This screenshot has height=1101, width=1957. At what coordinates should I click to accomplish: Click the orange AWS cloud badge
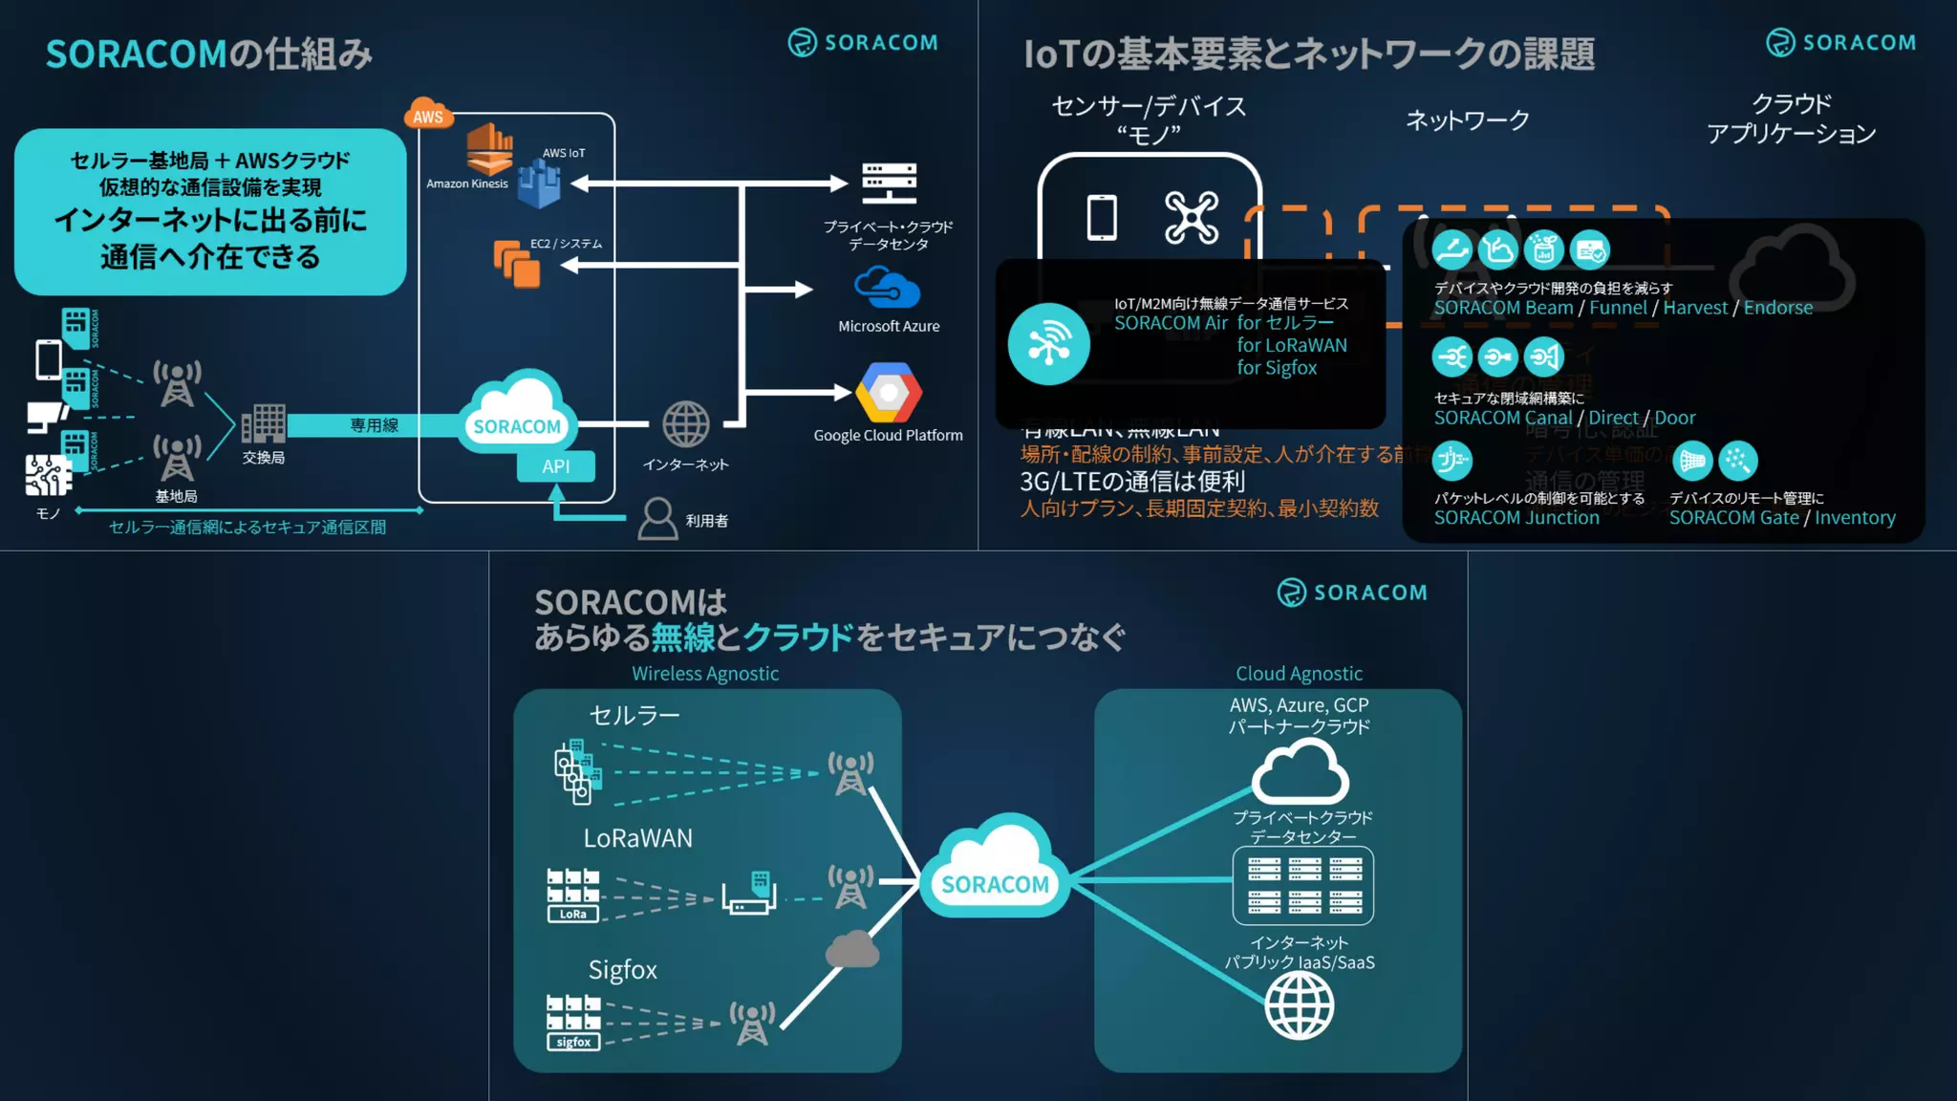[427, 115]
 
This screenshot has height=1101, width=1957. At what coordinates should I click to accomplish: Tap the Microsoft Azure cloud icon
[887, 288]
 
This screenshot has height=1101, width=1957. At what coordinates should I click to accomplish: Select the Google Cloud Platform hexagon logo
[889, 393]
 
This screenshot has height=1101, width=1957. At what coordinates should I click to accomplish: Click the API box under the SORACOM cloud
[555, 466]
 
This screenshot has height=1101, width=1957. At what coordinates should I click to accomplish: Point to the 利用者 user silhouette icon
[657, 519]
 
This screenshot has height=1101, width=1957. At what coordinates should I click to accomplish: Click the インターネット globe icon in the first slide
[686, 424]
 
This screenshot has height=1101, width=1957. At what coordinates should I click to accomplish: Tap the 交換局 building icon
[263, 423]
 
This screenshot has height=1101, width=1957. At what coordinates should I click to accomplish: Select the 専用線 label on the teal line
[374, 425]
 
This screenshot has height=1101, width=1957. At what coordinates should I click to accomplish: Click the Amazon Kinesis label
[467, 183]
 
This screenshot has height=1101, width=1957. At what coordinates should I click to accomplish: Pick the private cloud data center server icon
[889, 183]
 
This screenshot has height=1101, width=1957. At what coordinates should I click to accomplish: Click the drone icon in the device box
[1192, 217]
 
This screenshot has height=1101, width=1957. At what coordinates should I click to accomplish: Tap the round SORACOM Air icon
[1048, 344]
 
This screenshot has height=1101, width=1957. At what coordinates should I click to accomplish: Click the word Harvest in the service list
[1695, 308]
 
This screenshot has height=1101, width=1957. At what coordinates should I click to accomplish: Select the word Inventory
[1855, 518]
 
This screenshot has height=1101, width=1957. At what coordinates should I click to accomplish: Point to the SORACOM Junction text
[1516, 518]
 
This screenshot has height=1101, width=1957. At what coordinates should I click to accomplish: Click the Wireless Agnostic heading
[705, 674]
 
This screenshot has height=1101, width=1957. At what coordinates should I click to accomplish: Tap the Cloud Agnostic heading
[1299, 674]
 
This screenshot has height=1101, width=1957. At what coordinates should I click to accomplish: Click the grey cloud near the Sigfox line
[851, 950]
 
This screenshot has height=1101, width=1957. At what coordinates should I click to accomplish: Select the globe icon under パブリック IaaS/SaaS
[1299, 1006]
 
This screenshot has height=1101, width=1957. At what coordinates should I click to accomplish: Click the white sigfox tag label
[573, 1043]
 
